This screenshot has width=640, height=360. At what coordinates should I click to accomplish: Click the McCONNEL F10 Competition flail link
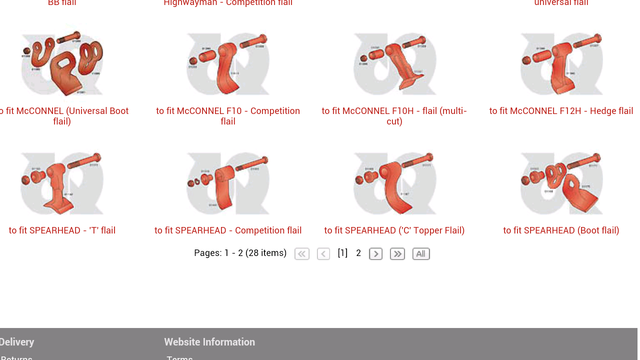pos(228,116)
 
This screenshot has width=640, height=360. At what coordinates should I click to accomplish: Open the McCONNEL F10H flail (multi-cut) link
pos(394,116)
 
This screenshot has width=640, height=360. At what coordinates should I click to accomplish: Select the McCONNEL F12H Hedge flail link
pos(561,111)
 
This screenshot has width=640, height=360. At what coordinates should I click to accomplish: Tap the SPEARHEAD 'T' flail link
pos(62,230)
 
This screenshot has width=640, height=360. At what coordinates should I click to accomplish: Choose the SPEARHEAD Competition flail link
pos(228,230)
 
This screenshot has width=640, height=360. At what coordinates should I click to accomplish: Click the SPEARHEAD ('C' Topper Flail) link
pos(394,230)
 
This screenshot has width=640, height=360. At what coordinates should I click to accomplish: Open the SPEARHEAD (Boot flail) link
pos(561,230)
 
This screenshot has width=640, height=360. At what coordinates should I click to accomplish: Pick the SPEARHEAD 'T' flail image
pos(62,183)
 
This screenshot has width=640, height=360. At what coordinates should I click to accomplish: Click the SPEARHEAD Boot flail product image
pos(561,183)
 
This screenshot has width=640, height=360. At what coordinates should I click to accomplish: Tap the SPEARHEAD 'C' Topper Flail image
pos(394,183)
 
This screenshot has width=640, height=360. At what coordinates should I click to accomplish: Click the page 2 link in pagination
pos(358,253)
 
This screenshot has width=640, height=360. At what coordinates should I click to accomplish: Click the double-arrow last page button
pos(397,254)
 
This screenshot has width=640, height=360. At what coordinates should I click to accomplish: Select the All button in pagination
pos(421,254)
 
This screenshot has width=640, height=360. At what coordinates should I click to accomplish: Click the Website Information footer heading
pos(209,342)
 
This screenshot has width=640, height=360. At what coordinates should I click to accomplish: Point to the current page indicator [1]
pos(342,253)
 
